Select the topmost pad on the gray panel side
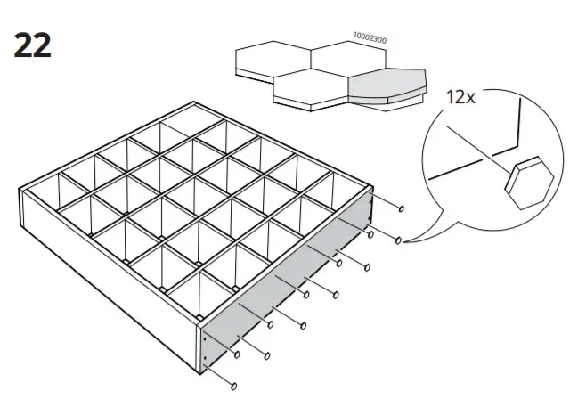pyautogui.click(x=402, y=209)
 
